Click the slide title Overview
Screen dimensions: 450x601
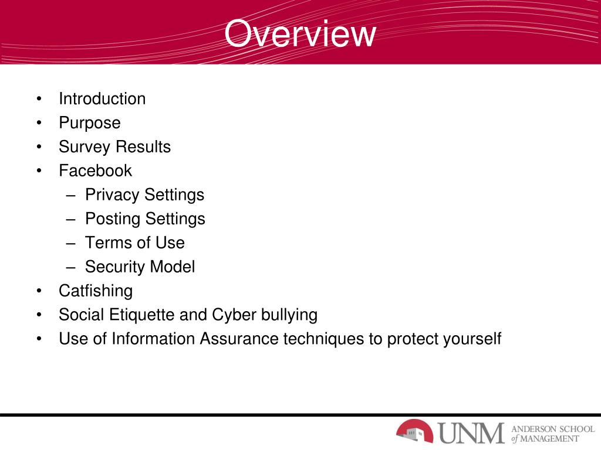tap(299, 34)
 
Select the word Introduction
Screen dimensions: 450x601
tap(102, 98)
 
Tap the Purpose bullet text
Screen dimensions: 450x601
tap(89, 123)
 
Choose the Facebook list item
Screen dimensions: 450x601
tap(95, 171)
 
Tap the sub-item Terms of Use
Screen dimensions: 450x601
tap(134, 243)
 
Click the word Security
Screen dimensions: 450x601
tap(115, 267)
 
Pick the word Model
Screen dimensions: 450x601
tap(173, 267)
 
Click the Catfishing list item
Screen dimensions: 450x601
tap(96, 291)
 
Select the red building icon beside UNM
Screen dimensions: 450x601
tap(414, 431)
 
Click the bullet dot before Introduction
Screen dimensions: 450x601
tap(38, 98)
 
